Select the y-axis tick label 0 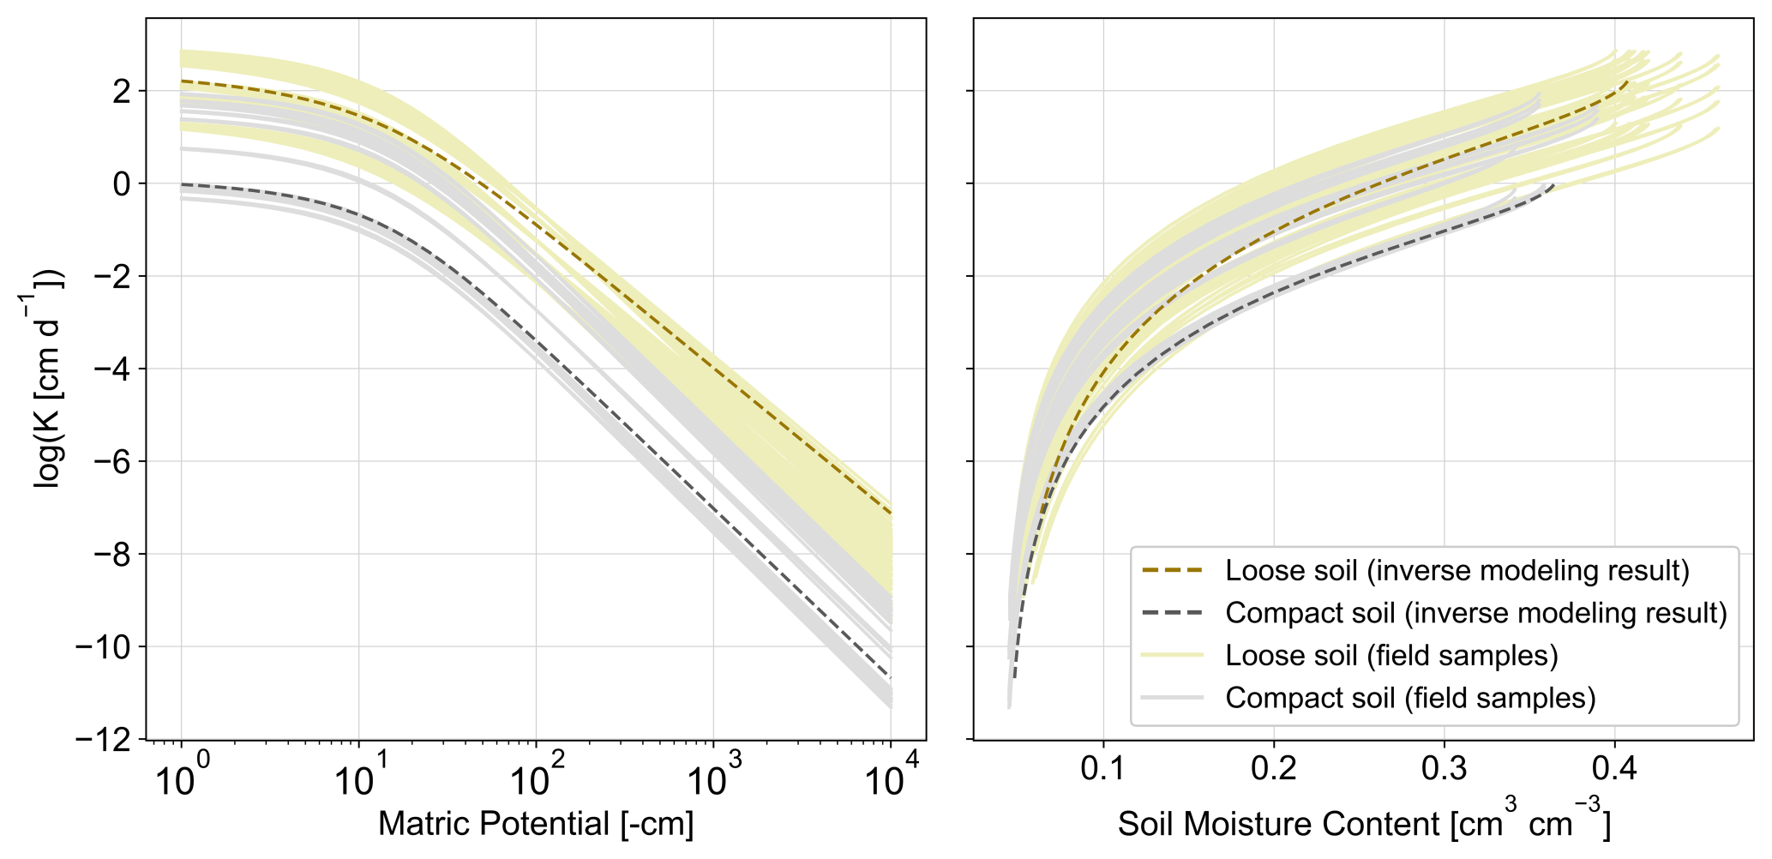(123, 183)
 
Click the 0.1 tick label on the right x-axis (1103, 767)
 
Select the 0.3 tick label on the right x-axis (1445, 767)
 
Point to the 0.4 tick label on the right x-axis (1615, 767)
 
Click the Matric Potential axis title (536, 824)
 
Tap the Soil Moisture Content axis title (1364, 824)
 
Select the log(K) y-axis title (47, 378)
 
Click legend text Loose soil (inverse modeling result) (1457, 571)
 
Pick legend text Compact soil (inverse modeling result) (1475, 613)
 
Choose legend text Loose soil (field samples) (1391, 656)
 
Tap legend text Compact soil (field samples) (1410, 698)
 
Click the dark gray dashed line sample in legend (1173, 613)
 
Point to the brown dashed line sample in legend (1173, 571)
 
